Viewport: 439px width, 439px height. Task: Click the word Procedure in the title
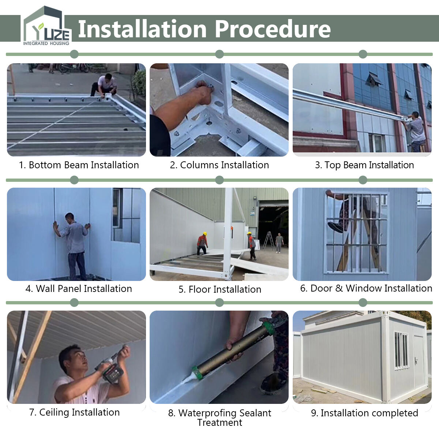(x=273, y=29)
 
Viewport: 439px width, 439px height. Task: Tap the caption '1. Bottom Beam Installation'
(x=79, y=165)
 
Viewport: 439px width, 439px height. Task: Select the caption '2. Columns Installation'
(x=219, y=165)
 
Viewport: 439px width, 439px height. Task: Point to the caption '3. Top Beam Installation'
(x=364, y=165)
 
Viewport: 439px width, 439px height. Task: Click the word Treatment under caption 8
(x=219, y=423)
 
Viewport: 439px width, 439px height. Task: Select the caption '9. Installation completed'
(x=364, y=413)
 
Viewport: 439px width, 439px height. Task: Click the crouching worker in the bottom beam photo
(x=104, y=85)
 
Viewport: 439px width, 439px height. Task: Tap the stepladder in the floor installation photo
(x=269, y=241)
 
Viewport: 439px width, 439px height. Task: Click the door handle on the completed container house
(x=416, y=361)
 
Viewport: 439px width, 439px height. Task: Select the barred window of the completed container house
(x=401, y=351)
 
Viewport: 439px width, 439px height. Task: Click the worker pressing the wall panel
(x=73, y=247)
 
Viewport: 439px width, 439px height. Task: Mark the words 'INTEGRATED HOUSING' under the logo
(x=46, y=43)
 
